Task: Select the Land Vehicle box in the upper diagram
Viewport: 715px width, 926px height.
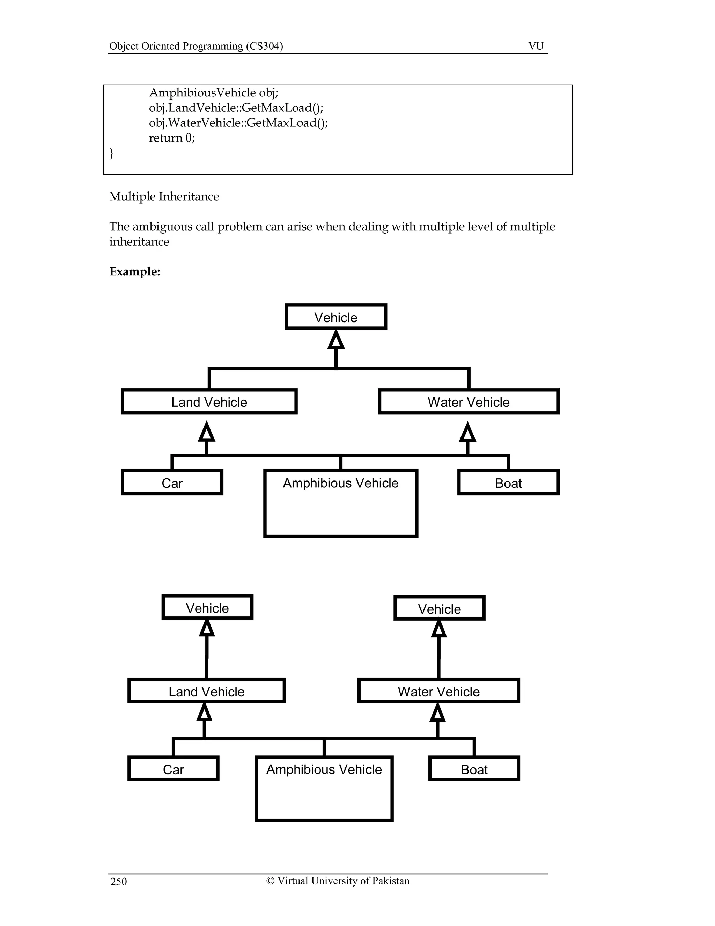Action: [209, 401]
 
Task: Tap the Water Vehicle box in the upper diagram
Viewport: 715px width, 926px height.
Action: [469, 401]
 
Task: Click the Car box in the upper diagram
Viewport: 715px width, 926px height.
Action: [172, 483]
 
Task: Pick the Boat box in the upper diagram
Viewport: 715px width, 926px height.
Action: [508, 483]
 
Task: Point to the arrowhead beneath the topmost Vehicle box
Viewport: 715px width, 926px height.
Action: [336, 340]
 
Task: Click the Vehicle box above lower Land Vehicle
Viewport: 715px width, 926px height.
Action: [207, 608]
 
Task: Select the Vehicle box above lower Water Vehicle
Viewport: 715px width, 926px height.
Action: [439, 608]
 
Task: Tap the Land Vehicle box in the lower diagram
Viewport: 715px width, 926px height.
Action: [206, 691]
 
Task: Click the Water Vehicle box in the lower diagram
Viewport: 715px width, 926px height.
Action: [438, 691]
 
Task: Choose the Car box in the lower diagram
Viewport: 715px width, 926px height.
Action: [173, 769]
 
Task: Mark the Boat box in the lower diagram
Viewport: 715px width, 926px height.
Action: [474, 769]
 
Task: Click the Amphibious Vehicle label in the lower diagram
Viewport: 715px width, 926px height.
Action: [324, 769]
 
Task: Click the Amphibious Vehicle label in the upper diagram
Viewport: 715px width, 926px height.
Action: [340, 483]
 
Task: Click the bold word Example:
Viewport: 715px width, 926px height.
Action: [135, 272]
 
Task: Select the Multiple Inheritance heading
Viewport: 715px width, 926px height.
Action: [164, 196]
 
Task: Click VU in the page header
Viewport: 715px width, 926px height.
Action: [536, 46]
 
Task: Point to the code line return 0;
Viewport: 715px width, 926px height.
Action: [171, 138]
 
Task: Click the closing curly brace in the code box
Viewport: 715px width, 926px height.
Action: [111, 153]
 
